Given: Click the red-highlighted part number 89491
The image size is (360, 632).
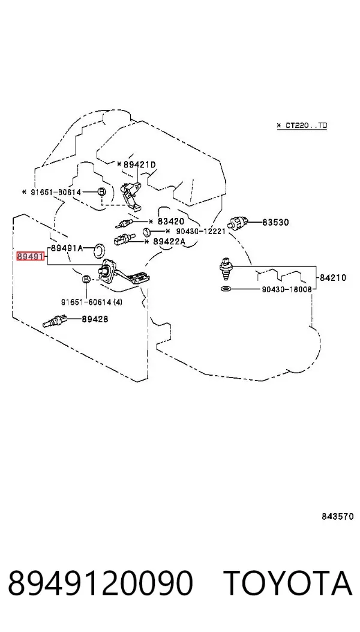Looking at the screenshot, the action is tap(30, 256).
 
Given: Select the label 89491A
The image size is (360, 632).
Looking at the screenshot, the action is tap(67, 248).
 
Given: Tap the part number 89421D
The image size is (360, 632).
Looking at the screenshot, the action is tap(139, 164).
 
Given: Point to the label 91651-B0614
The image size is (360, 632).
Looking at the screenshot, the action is tap(56, 193).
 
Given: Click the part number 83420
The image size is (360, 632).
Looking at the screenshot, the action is tap(170, 221).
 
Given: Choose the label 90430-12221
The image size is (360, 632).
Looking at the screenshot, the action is tap(199, 231).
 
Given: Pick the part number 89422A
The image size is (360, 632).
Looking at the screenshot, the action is tap(169, 241).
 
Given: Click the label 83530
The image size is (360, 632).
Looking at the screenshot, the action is tap(276, 222).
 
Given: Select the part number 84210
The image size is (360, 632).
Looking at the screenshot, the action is tap(333, 278).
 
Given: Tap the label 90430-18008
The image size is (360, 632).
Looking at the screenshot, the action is tap(287, 289).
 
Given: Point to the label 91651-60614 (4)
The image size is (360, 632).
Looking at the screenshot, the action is tap(92, 302).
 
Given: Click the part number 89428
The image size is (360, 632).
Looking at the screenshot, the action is tap(95, 319).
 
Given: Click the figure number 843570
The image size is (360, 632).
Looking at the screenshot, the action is tap(338, 516).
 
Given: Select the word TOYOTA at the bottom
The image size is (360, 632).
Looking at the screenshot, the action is tap(288, 583).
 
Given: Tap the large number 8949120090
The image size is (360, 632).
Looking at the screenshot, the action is tap(100, 583).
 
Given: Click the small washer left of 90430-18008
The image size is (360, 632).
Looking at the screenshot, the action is tap(227, 289).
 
